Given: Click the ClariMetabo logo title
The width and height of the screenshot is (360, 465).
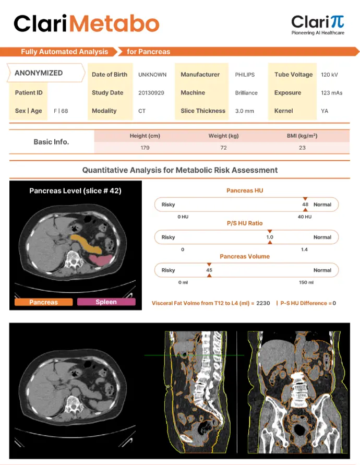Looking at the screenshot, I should click(86, 23).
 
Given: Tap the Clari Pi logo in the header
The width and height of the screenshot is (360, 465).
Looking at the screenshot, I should click(317, 24).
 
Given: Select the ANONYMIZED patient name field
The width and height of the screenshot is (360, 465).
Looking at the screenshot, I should click(39, 73).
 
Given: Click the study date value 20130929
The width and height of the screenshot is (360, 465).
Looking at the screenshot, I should click(151, 93).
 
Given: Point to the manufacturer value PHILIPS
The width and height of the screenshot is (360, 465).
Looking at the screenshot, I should click(245, 75).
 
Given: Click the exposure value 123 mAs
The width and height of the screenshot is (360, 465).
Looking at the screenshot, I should click(331, 93).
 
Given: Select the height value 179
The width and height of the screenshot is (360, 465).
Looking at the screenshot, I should click(145, 148).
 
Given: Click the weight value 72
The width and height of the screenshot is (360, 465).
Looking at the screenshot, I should click(223, 148).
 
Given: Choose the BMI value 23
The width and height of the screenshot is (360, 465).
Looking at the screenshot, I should click(302, 148).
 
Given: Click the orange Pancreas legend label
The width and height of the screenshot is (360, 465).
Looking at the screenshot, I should click(44, 302).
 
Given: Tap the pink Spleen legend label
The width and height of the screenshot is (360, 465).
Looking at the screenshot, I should click(106, 302).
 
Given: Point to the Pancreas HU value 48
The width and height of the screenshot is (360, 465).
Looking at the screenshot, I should click(305, 204).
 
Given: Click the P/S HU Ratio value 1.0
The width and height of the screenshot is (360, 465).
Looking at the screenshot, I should click(270, 237).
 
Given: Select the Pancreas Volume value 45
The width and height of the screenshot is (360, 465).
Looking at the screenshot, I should click(209, 270).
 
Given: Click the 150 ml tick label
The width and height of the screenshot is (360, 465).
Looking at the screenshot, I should click(306, 282).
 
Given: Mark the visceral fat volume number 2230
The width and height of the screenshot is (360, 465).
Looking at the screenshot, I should click(263, 303).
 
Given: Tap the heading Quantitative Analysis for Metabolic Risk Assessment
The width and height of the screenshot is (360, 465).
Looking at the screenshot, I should click(180, 170).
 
